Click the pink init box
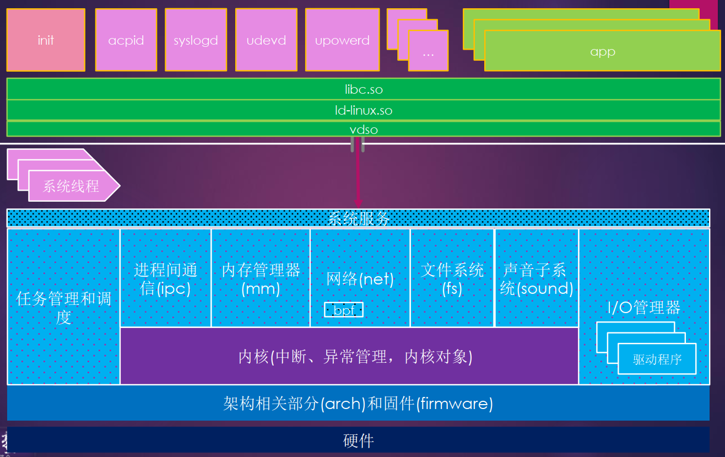click(x=46, y=40)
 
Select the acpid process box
click(x=126, y=40)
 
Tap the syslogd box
click(x=196, y=40)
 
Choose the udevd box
click(x=266, y=40)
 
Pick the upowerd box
click(x=342, y=40)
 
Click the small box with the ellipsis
click(x=428, y=52)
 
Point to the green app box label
click(x=602, y=52)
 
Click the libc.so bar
click(x=363, y=89)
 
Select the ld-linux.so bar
click(x=363, y=110)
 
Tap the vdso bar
click(x=363, y=130)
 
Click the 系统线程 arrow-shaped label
click(x=72, y=186)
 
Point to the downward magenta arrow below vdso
click(x=358, y=176)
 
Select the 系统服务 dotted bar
click(x=358, y=219)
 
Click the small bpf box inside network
click(x=344, y=310)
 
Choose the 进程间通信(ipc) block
click(x=165, y=278)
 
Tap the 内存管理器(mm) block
click(x=261, y=278)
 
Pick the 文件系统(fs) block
click(x=452, y=278)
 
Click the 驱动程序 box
click(x=657, y=359)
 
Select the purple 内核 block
click(x=349, y=357)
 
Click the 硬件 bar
click(x=358, y=440)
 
